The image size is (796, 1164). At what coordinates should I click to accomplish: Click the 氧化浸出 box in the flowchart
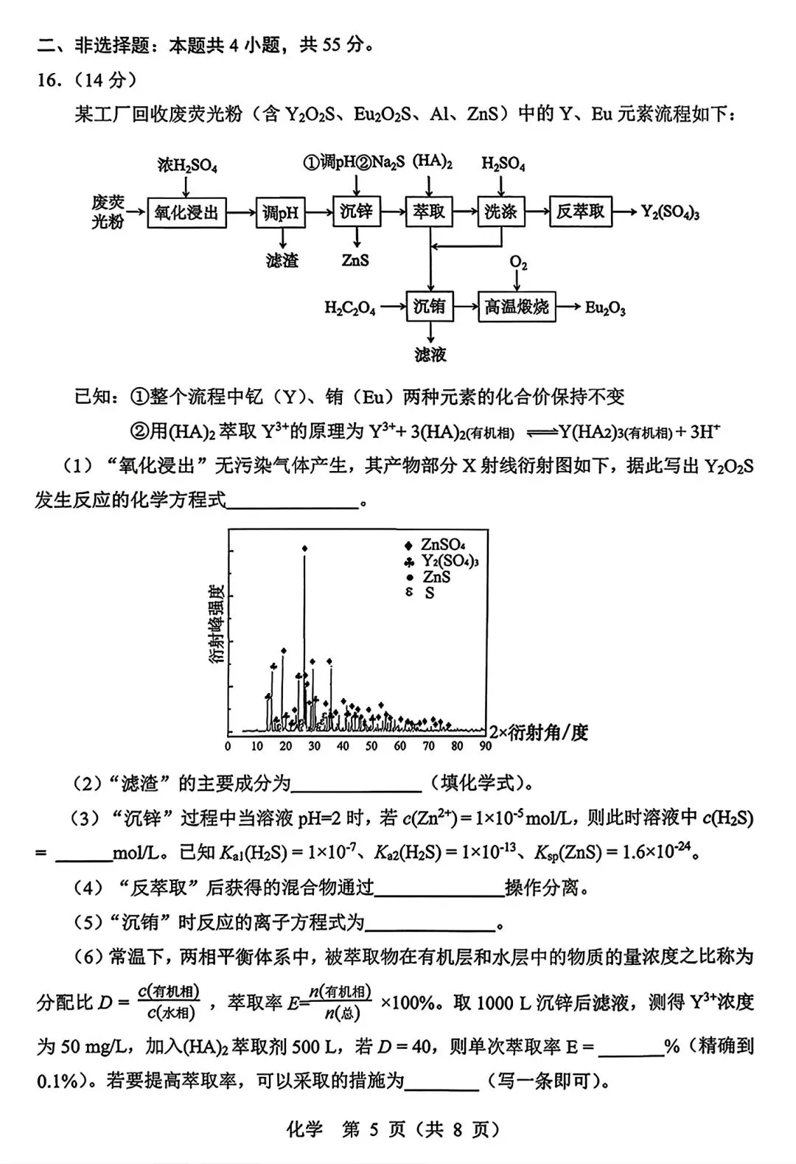point(186,212)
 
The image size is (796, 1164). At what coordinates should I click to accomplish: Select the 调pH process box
point(281,212)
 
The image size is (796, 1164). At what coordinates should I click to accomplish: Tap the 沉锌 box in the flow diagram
point(356,212)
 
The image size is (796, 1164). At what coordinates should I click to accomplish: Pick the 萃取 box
point(428,212)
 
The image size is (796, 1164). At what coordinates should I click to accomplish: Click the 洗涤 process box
point(500,212)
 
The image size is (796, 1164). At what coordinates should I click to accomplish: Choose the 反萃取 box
point(580,212)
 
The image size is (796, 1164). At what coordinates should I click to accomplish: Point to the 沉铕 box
point(429,306)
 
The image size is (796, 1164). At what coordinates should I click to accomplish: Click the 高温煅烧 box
point(517,306)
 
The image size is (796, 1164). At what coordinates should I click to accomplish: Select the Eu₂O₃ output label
point(605,308)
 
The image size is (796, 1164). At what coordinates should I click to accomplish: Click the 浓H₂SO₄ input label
point(187,165)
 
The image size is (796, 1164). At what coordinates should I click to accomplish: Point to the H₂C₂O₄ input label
point(349,308)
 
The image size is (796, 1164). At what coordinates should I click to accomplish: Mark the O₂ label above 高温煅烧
point(518,263)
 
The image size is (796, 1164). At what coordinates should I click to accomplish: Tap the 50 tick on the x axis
point(371,746)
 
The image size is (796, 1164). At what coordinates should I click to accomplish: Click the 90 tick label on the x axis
point(485,746)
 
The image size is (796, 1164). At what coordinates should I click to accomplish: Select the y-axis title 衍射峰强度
point(216,624)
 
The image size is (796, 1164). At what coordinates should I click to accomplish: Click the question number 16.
point(49,80)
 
